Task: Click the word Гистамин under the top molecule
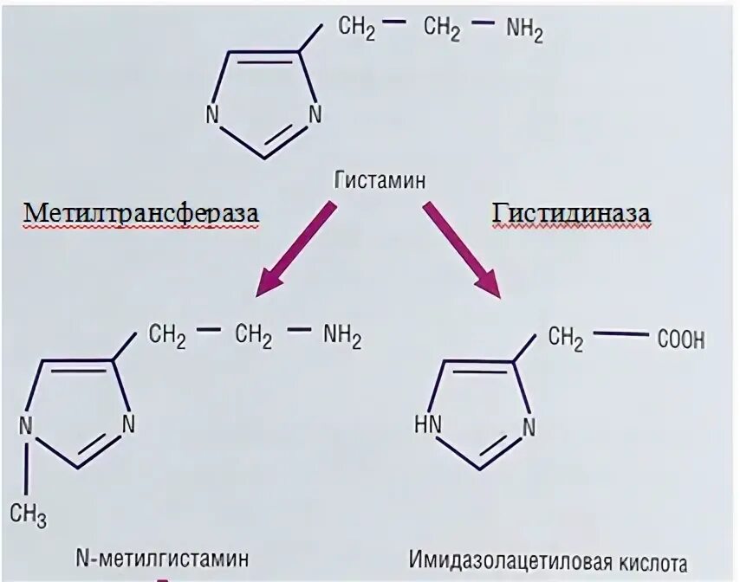(380, 182)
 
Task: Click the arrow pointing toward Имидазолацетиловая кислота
(463, 246)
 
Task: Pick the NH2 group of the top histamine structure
(524, 32)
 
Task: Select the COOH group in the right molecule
(680, 339)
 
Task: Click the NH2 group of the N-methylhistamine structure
(342, 335)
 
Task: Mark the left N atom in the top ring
(211, 113)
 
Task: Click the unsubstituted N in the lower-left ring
(128, 424)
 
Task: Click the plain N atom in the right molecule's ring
(529, 425)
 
